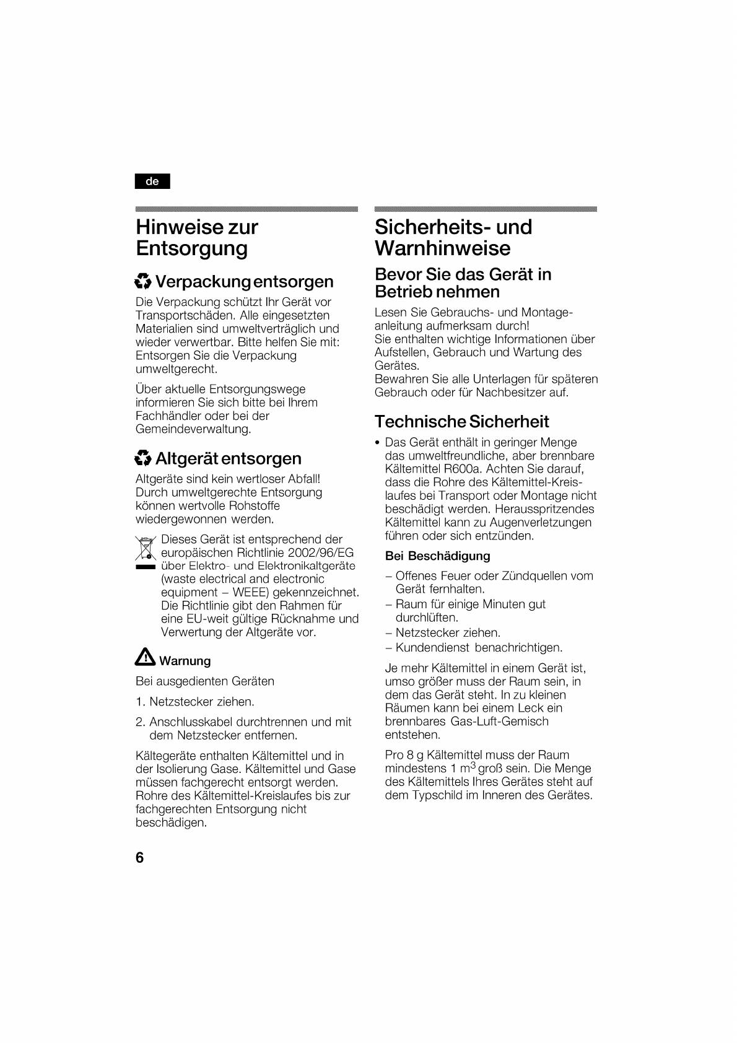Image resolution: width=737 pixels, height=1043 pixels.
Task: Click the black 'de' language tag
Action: pos(152,181)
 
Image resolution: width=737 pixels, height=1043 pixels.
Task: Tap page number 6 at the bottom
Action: pos(139,857)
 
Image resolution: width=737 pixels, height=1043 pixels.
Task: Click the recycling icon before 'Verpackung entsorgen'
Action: pos(143,282)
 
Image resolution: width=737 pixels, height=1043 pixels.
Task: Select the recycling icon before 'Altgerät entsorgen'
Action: pos(143,458)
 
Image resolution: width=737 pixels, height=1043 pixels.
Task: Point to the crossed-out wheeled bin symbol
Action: pos(145,549)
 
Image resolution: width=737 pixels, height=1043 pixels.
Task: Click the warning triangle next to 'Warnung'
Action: pos(145,657)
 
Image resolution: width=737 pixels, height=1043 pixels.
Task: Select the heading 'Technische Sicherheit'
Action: pos(461,422)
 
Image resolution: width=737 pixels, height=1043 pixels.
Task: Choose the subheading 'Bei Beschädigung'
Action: pos(437,556)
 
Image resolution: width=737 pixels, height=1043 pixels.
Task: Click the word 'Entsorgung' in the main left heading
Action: pos(192,248)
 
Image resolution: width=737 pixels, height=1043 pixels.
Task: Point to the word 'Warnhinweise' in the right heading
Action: pos(442,248)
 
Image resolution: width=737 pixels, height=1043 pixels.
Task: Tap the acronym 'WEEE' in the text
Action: pos(251,592)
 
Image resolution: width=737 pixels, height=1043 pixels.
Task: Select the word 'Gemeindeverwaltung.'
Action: pos(193,429)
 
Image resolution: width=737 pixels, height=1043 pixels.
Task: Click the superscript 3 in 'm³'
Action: pos(473,765)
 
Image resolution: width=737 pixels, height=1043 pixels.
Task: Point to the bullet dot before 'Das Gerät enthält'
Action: pos(377,443)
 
